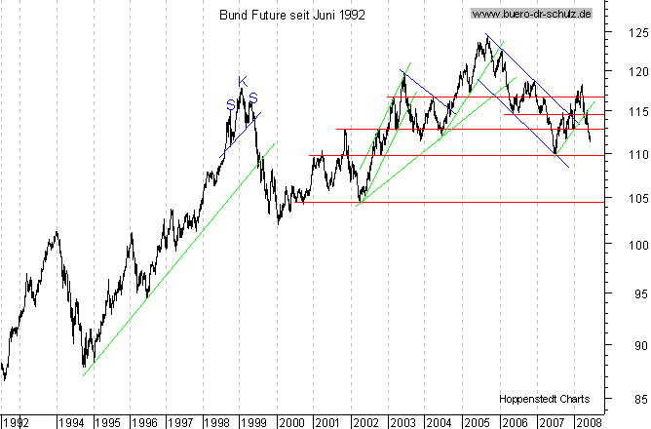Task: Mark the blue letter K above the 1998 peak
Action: pyautogui.click(x=243, y=80)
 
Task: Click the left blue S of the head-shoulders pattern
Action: pyautogui.click(x=230, y=103)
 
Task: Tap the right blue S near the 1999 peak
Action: pyautogui.click(x=253, y=97)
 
